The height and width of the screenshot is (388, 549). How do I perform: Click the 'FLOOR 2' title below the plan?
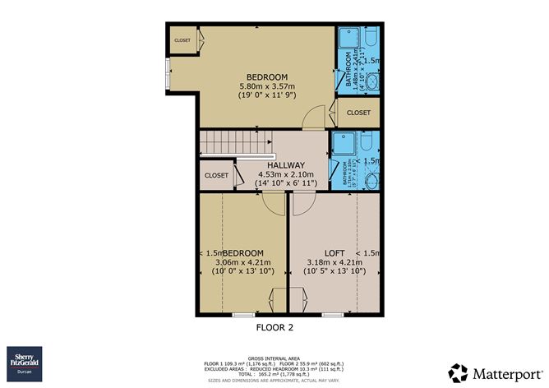point(274,327)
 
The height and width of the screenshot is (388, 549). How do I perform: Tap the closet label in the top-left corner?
point(182,39)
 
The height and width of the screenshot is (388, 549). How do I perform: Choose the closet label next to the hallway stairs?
point(216,175)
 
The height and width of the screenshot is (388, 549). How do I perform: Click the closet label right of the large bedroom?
point(358,113)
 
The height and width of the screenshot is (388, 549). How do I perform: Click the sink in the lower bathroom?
point(371,182)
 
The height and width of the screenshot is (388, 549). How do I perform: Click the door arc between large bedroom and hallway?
point(312,120)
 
